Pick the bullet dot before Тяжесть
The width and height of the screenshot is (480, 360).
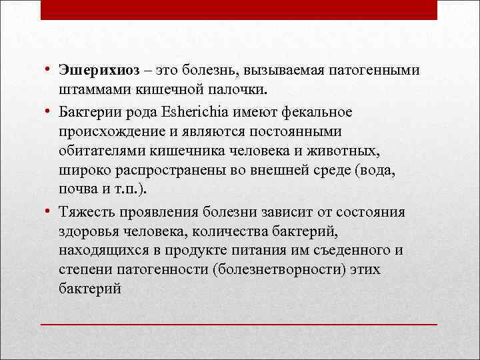tap(49, 212)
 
